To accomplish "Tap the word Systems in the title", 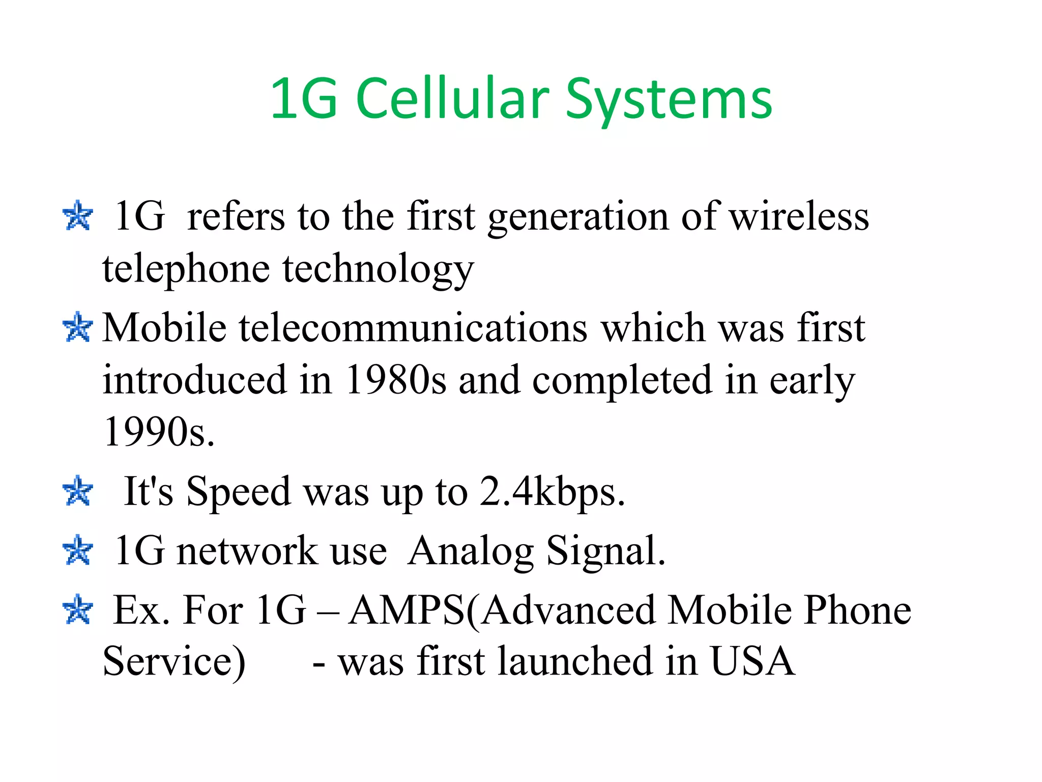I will tap(669, 99).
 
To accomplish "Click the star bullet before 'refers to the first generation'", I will tap(78, 216).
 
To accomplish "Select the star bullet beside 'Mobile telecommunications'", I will tap(78, 327).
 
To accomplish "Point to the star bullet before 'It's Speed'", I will tap(78, 491).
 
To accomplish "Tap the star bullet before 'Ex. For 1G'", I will tap(78, 609).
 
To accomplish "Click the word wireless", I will tap(799, 216).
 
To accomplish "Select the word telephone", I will tap(186, 268).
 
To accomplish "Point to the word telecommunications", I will tap(413, 327).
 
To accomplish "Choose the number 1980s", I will tap(396, 380).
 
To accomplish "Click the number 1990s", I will tap(159, 432).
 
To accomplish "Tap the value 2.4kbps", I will tap(552, 492).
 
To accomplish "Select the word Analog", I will tap(471, 552).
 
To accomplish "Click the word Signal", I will tap(605, 552).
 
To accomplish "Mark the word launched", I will tap(575, 661).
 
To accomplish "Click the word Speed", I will tap(239, 492).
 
